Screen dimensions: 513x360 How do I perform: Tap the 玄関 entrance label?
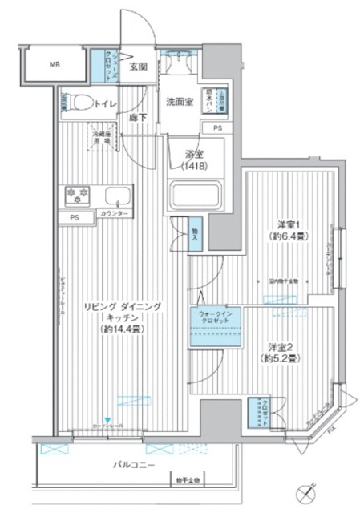pyautogui.click(x=139, y=67)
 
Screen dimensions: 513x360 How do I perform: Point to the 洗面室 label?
pyautogui.click(x=180, y=102)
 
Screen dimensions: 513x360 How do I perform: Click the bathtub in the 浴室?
pyautogui.click(x=195, y=196)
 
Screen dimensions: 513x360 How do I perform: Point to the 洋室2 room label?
pyautogui.click(x=281, y=346)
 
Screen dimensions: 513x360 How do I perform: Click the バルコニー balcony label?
pyautogui.click(x=132, y=465)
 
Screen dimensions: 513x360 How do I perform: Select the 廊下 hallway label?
pyautogui.click(x=138, y=119)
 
